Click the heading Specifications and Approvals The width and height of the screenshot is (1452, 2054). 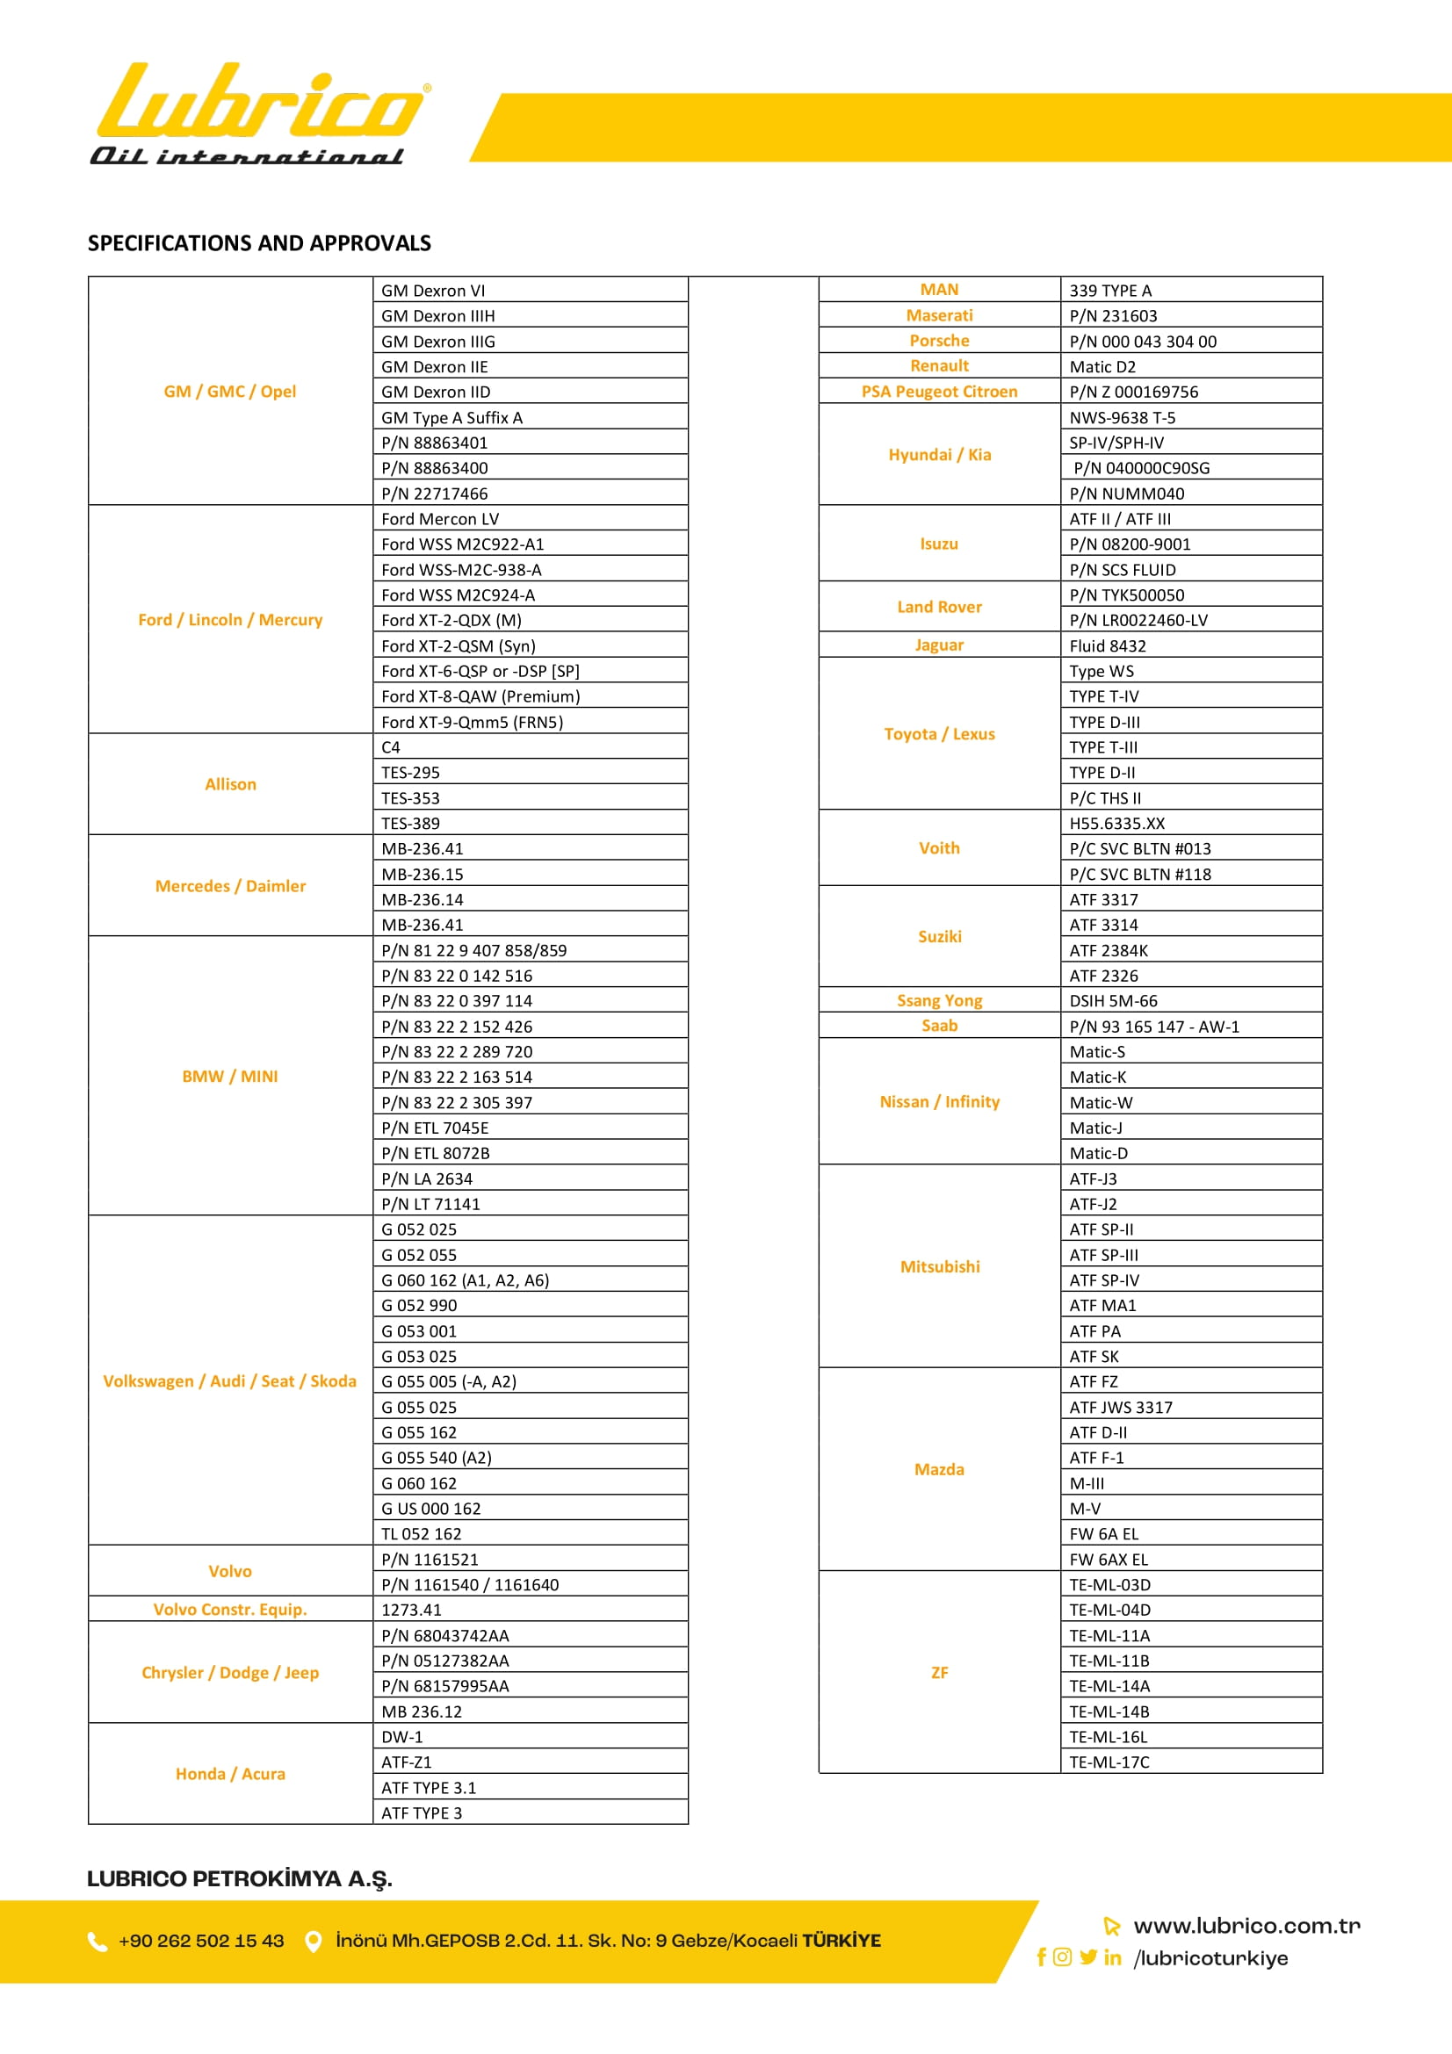[x=259, y=243]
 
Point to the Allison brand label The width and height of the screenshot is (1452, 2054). [x=231, y=784]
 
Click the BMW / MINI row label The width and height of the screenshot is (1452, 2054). [x=230, y=1077]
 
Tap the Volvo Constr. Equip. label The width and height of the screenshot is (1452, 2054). [x=230, y=1610]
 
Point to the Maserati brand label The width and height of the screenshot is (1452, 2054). [x=939, y=316]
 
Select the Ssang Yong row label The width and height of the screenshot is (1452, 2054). [x=939, y=1001]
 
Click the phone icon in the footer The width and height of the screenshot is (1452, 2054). [x=98, y=1942]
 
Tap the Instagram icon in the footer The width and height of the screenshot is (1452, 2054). [x=1062, y=1957]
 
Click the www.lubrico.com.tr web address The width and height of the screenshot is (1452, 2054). [x=1246, y=1926]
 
